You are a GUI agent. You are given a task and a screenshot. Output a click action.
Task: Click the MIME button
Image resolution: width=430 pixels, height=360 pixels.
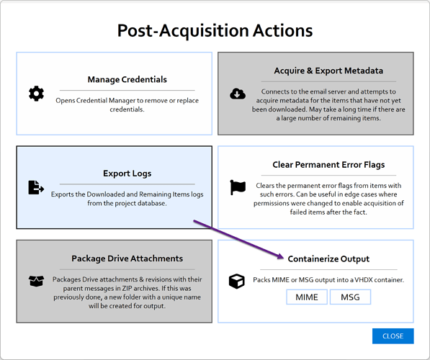click(307, 297)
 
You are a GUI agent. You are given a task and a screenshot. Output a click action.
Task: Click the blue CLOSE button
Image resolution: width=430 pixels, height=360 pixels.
click(393, 336)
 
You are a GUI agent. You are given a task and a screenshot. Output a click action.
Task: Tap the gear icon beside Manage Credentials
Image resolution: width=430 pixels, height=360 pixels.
click(36, 94)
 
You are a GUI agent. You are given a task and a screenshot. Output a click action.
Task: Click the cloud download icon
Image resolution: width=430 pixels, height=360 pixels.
click(238, 94)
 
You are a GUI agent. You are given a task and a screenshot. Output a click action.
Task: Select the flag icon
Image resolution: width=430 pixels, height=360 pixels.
click(238, 187)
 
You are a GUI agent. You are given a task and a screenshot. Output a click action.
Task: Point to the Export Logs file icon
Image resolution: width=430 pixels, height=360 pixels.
click(36, 187)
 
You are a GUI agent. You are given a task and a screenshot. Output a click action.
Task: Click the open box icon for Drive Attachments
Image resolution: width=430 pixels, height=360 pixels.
click(36, 282)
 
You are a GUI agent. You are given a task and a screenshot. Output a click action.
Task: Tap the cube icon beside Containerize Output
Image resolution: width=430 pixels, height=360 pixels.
click(237, 282)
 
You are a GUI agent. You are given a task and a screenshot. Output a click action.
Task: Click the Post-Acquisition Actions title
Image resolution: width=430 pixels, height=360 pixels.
click(215, 30)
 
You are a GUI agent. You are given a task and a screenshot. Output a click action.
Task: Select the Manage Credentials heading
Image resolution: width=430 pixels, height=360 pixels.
click(127, 79)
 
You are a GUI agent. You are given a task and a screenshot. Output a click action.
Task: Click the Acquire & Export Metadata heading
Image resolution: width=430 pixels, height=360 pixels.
click(328, 71)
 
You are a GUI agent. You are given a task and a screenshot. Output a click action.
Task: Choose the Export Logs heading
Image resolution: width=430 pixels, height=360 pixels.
click(127, 174)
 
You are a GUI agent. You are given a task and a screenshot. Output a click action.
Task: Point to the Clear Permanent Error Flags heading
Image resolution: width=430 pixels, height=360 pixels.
click(328, 164)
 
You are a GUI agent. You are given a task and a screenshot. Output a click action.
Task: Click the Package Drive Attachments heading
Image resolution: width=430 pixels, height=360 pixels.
click(127, 258)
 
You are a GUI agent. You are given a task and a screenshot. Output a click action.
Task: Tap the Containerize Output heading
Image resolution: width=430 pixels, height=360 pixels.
click(328, 258)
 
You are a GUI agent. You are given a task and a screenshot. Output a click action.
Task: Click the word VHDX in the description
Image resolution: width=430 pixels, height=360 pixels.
click(364, 280)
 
